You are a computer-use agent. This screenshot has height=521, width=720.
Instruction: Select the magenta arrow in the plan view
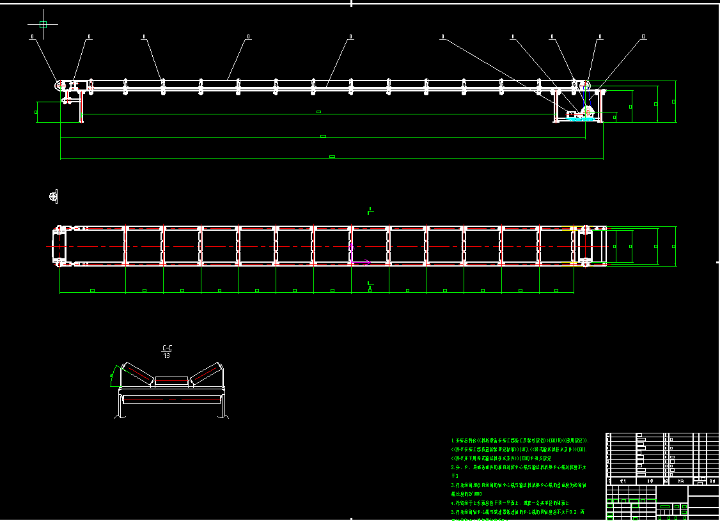pos(361,261)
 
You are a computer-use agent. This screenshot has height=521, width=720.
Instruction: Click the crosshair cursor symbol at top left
pos(43,25)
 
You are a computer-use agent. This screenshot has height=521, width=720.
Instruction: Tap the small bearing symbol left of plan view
pos(53,196)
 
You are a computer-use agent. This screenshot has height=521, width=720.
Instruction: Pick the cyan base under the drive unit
pos(581,119)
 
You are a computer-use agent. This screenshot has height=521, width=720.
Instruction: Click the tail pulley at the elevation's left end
pos(61,85)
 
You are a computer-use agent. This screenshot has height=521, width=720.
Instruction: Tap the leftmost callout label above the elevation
pos(33,37)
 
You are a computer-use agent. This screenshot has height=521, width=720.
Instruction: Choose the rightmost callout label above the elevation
pos(643,37)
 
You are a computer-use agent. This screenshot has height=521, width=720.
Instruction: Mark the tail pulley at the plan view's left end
pos(59,244)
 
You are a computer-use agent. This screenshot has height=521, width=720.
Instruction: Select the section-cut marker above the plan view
pos(370,210)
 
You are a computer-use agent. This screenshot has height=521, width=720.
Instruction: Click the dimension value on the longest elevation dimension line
pos(332,156)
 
